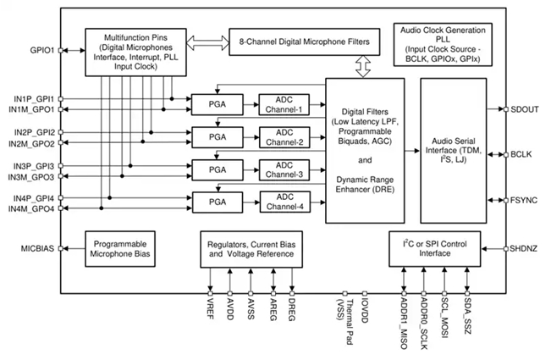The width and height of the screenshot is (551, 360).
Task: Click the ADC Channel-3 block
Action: (x=284, y=170)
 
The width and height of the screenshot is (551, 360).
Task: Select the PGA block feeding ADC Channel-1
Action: (x=218, y=104)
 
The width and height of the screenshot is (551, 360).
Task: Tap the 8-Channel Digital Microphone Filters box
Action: (x=305, y=42)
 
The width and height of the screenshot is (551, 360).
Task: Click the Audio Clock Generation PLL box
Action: (x=443, y=44)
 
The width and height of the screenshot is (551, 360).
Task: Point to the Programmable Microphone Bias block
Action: (x=120, y=249)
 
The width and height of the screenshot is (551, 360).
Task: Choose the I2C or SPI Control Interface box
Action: (x=435, y=249)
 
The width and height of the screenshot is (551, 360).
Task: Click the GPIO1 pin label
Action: (x=42, y=50)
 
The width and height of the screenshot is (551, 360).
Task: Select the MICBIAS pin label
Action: (x=37, y=248)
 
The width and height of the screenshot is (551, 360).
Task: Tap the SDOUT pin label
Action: (x=525, y=109)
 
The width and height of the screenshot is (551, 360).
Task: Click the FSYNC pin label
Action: (x=524, y=201)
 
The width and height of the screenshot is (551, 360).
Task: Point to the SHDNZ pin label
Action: (x=524, y=249)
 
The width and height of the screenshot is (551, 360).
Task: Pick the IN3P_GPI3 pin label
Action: (x=34, y=166)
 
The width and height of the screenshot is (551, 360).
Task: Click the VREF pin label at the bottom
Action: (x=211, y=308)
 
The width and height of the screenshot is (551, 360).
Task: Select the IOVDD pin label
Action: (x=365, y=311)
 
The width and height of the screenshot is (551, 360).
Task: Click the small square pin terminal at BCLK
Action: (x=506, y=155)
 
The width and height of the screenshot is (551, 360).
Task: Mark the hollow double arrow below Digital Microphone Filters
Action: (x=363, y=66)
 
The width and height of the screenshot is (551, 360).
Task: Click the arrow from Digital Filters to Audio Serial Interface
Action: (x=412, y=151)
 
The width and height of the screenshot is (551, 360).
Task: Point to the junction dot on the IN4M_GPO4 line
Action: (x=102, y=208)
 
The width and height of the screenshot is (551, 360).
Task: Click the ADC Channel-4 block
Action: (x=285, y=202)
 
